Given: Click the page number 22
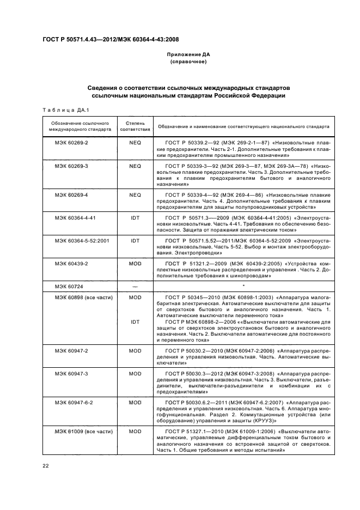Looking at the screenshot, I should pos(46,465).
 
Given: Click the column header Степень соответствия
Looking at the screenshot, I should pos(135,126).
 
